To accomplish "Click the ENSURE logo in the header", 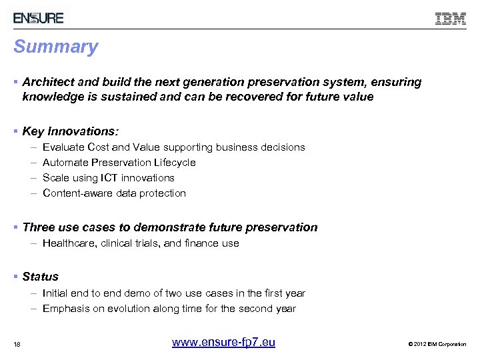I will point(39,18).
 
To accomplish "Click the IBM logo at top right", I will point(451,19).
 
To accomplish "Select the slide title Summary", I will point(56,47).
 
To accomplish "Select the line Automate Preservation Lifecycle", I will point(119,162).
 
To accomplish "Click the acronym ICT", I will point(109,177).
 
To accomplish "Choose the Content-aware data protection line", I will point(114,193).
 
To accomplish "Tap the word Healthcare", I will point(69,243).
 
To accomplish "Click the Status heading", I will point(40,277).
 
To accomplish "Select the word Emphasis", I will point(65,308).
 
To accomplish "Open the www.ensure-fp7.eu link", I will point(223,343).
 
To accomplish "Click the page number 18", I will point(17,344).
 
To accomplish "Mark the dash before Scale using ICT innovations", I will point(33,177).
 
